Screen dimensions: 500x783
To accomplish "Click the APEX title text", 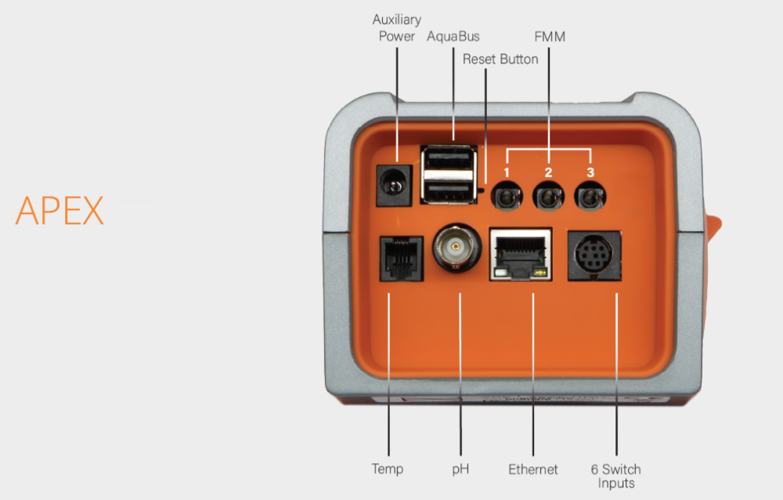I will pyautogui.click(x=60, y=210).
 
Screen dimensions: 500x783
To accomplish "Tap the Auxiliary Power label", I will pyautogui.click(x=397, y=27).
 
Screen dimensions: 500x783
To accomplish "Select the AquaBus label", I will pyautogui.click(x=453, y=37).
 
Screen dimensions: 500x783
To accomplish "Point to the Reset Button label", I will pyautogui.click(x=500, y=60).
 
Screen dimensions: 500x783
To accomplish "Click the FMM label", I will pyautogui.click(x=550, y=37).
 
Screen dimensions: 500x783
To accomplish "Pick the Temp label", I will pyautogui.click(x=388, y=469).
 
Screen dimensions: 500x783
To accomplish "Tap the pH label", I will pyautogui.click(x=460, y=469).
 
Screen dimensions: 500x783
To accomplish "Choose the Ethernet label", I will pyautogui.click(x=533, y=469).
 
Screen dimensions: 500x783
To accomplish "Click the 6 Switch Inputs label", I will pyautogui.click(x=615, y=476).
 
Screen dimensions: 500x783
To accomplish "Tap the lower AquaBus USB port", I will pyautogui.click(x=449, y=190).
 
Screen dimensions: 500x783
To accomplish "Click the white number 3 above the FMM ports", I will pyautogui.click(x=590, y=172).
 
